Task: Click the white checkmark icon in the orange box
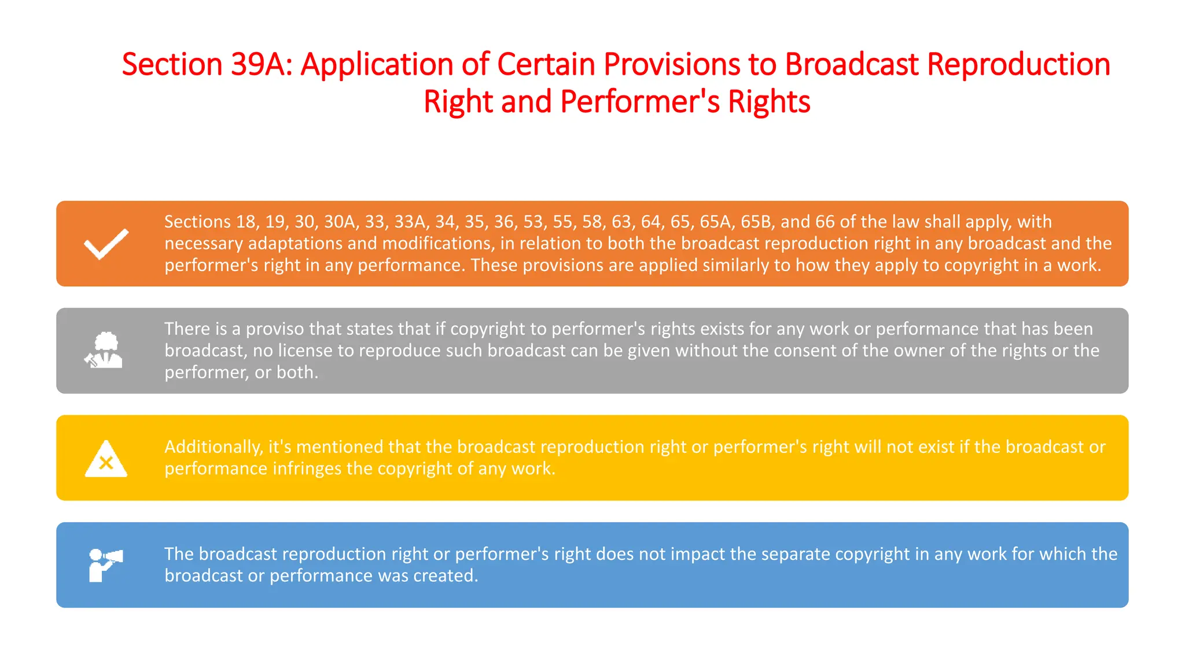pyautogui.click(x=106, y=244)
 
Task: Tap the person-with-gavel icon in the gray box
pyautogui.click(x=104, y=350)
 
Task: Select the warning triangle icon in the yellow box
pyautogui.click(x=106, y=459)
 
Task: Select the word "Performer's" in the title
pyautogui.click(x=640, y=101)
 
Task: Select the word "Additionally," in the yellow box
pyautogui.click(x=214, y=447)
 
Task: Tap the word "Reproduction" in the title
pyautogui.click(x=1019, y=64)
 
